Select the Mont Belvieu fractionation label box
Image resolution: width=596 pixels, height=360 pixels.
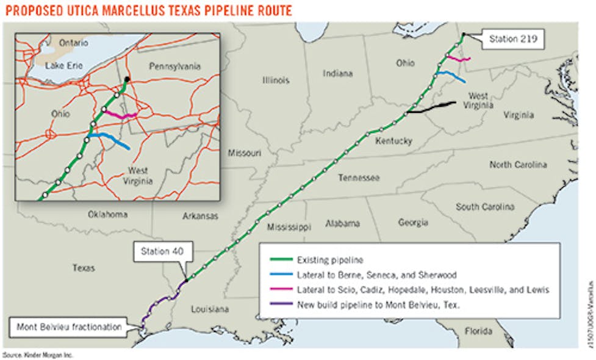[66, 326]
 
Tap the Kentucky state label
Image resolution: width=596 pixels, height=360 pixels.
[394, 141]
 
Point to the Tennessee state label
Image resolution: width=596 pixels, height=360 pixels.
[361, 178]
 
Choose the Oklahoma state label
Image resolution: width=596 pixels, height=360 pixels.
[107, 214]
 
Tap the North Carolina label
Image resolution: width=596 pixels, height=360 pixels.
[517, 165]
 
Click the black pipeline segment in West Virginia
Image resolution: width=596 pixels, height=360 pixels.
[432, 108]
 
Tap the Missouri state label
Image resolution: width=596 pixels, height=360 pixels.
[245, 153]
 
